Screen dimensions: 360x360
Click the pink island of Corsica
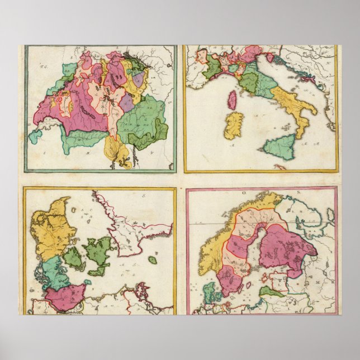click(231, 100)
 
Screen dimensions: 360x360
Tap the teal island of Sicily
click(280, 146)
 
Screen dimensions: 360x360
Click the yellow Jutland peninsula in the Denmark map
click(52, 229)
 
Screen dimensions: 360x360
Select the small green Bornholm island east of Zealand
click(153, 260)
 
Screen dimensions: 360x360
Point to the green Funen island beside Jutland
click(74, 258)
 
